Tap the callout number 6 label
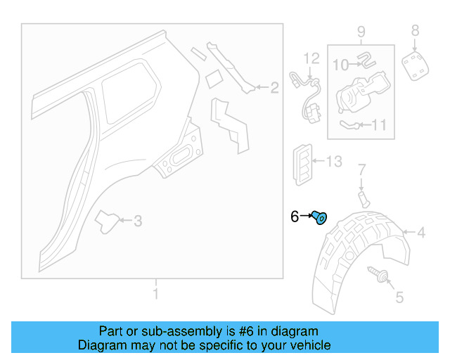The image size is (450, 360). coord(295,217)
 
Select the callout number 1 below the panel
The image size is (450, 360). coord(155,293)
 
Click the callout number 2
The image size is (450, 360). coord(274,88)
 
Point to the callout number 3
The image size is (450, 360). coord(138,221)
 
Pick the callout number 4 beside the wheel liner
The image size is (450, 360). coord(420,233)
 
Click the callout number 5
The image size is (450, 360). coord(399,297)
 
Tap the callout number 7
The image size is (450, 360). coord(362,169)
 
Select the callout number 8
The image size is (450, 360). coord(415,30)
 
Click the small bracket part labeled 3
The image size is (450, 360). coord(107,220)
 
